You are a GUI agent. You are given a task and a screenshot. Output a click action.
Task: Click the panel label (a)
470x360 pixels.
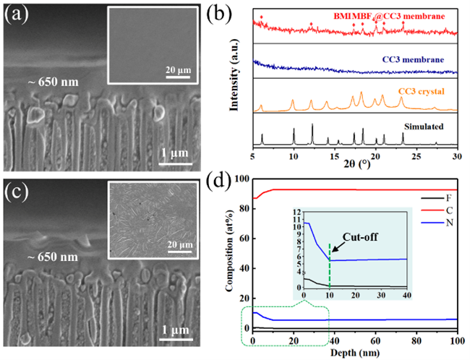[15, 14]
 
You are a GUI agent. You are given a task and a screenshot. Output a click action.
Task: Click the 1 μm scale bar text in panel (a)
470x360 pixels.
[175, 152]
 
